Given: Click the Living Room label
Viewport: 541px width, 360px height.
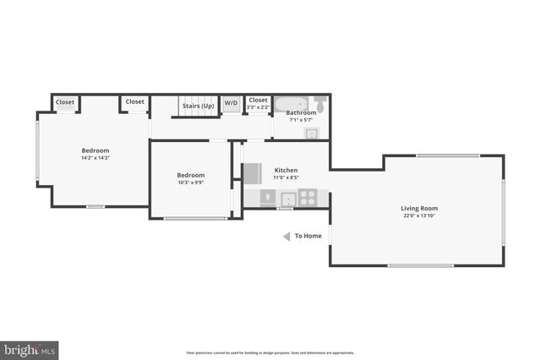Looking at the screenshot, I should [418, 208].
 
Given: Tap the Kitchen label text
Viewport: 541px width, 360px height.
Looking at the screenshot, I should [286, 170].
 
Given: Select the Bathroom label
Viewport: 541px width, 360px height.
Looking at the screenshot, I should [301, 112].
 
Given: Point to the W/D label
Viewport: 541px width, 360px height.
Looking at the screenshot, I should [231, 102].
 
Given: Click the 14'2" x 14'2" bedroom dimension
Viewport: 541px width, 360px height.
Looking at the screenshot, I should [96, 157].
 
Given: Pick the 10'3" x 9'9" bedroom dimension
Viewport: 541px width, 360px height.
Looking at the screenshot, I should [191, 182].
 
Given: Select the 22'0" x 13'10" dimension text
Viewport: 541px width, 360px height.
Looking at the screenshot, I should [418, 215].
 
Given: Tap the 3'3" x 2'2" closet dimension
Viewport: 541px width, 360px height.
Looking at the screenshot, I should [258, 107].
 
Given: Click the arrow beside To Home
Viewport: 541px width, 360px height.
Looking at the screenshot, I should [287, 236].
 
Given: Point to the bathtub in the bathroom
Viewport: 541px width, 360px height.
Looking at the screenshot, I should [292, 102].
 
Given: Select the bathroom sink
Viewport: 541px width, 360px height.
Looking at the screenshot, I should [310, 133].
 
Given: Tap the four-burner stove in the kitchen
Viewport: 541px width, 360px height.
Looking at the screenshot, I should [308, 199].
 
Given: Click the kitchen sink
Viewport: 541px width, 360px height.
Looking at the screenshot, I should [288, 199].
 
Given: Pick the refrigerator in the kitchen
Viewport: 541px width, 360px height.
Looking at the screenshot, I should [252, 172].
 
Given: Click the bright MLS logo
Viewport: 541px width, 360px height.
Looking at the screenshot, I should [30, 348].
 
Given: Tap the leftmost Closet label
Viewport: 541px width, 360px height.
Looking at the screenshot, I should [65, 102].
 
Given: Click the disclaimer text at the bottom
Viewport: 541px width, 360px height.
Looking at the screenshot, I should [270, 352].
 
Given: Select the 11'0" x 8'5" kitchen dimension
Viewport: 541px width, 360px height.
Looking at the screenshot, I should [286, 177].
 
